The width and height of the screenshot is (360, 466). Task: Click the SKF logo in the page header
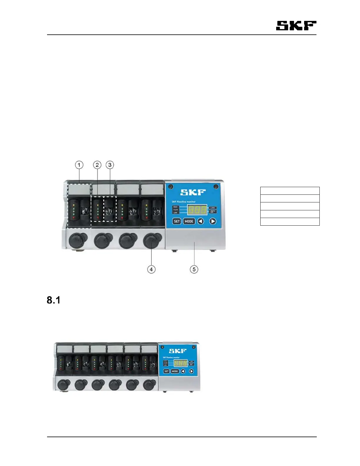[x=296, y=26]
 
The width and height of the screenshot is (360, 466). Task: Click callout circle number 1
[x=79, y=165]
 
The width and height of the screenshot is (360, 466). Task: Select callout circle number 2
[x=97, y=165]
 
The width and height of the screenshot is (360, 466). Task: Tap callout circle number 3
[x=110, y=165]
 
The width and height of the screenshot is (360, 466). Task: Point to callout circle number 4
[x=151, y=269]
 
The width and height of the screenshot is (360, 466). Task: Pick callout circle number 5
[x=194, y=269]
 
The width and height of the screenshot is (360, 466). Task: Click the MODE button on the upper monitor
[x=189, y=221]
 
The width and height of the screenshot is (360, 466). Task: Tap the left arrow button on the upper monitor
[x=201, y=221]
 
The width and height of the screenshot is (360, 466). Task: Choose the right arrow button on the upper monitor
[x=213, y=221]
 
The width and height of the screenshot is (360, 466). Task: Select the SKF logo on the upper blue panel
[x=193, y=192]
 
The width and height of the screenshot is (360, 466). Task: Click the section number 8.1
[x=54, y=300]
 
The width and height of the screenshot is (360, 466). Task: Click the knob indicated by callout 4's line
[x=152, y=240]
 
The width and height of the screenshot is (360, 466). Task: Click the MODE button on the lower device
[x=175, y=371]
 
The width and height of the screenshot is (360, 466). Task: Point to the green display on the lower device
[x=180, y=363]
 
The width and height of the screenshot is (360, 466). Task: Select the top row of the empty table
[x=290, y=191]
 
